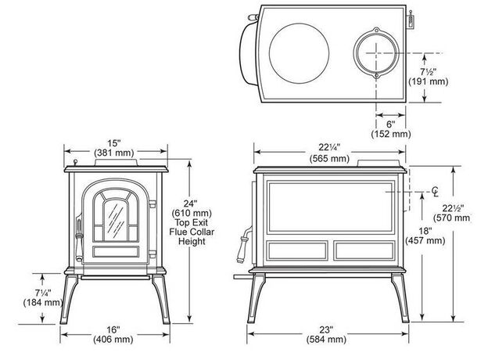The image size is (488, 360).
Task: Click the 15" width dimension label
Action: coord(115,142)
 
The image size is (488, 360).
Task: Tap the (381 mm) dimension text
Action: coord(115,152)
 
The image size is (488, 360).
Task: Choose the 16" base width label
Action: coord(114,329)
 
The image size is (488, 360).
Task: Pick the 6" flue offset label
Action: coord(390,124)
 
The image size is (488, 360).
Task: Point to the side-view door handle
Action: coord(239,245)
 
